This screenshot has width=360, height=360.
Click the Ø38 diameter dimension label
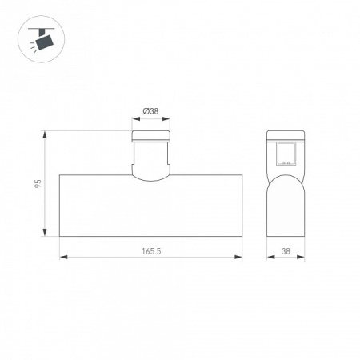[150, 111]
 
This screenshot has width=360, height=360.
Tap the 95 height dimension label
[38, 183]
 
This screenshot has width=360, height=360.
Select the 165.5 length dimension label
[151, 251]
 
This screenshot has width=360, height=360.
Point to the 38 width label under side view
[286, 251]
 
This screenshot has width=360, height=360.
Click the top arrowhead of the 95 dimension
[45, 134]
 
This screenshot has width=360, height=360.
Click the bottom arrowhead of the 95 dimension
[45, 233]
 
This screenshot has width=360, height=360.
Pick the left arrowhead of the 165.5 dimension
[63, 257]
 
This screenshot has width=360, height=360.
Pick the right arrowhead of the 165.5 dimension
[238, 257]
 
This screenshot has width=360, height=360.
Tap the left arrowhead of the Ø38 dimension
[136, 119]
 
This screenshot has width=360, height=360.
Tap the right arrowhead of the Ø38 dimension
[166, 119]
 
